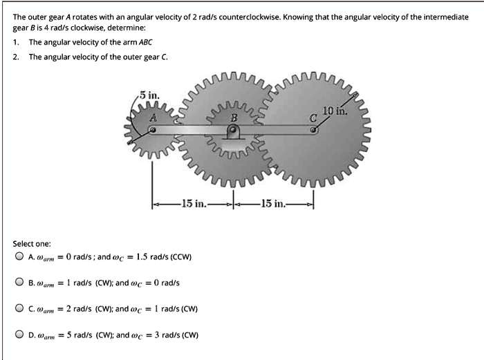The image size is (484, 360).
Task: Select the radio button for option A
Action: (x=19, y=256)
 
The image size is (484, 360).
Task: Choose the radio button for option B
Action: (x=19, y=283)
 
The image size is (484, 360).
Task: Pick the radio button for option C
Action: (x=19, y=309)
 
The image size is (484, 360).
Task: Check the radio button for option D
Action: (x=19, y=335)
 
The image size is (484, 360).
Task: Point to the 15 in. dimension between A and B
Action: (x=192, y=203)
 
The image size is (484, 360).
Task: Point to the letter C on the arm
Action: (x=313, y=118)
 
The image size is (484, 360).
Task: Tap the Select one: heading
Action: (x=32, y=243)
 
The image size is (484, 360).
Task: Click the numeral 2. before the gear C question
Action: (x=17, y=56)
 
